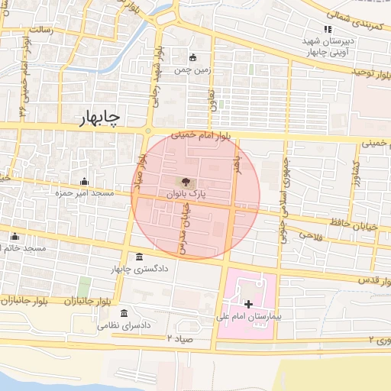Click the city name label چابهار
[99, 118]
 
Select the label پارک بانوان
[183, 195]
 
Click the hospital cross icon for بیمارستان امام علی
[247, 303]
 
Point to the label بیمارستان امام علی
[250, 315]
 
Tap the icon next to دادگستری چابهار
[139, 257]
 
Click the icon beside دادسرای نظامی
[124, 313]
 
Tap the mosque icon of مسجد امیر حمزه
[85, 181]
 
